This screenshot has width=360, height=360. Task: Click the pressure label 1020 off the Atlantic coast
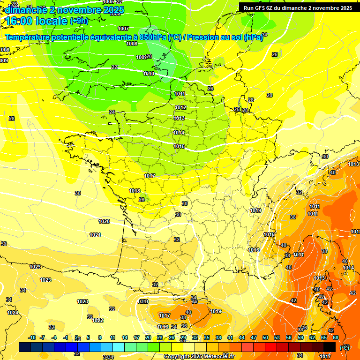(104, 221)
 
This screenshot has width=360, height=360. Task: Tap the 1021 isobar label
(95, 235)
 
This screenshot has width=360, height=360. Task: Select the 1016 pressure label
(254, 250)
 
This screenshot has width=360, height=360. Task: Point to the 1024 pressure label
(13, 313)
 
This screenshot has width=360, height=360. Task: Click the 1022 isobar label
(97, 320)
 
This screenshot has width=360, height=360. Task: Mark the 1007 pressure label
(123, 29)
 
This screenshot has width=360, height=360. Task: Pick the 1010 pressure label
(149, 74)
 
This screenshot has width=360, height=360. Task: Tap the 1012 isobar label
(180, 107)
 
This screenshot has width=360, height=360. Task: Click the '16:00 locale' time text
(36, 21)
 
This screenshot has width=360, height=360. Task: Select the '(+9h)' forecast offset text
(79, 21)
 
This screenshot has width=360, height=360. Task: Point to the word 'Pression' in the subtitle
(203, 37)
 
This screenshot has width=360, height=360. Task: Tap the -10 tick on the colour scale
(32, 337)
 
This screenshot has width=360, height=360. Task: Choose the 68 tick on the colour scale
(336, 337)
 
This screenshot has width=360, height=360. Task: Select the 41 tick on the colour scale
(230, 337)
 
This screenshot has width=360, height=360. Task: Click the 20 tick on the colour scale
(148, 337)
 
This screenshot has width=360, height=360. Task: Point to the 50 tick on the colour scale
(265, 337)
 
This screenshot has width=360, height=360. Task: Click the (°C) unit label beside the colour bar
(345, 347)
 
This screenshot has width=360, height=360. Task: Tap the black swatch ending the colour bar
(330, 347)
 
